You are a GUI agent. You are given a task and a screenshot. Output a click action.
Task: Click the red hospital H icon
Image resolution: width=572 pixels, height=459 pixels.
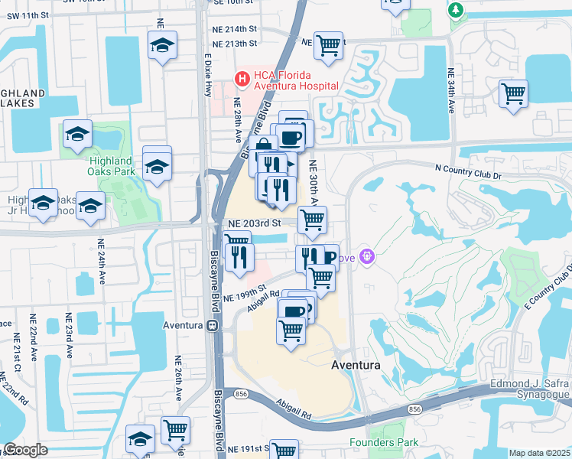tap(242, 78)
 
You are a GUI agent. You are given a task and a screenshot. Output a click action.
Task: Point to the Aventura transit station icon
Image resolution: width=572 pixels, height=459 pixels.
tap(211, 325)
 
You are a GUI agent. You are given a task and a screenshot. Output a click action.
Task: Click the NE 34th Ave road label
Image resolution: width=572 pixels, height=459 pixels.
tap(451, 93)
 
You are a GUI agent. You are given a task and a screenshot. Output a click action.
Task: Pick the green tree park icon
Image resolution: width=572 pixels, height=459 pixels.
tap(457, 9)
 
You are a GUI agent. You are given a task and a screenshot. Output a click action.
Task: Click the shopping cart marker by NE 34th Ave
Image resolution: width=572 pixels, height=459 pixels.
tap(513, 94)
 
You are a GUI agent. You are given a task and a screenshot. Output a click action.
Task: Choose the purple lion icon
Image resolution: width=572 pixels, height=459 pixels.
tap(366, 256)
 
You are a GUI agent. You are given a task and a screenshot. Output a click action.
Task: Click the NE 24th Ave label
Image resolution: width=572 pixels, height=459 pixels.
tap(101, 262)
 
